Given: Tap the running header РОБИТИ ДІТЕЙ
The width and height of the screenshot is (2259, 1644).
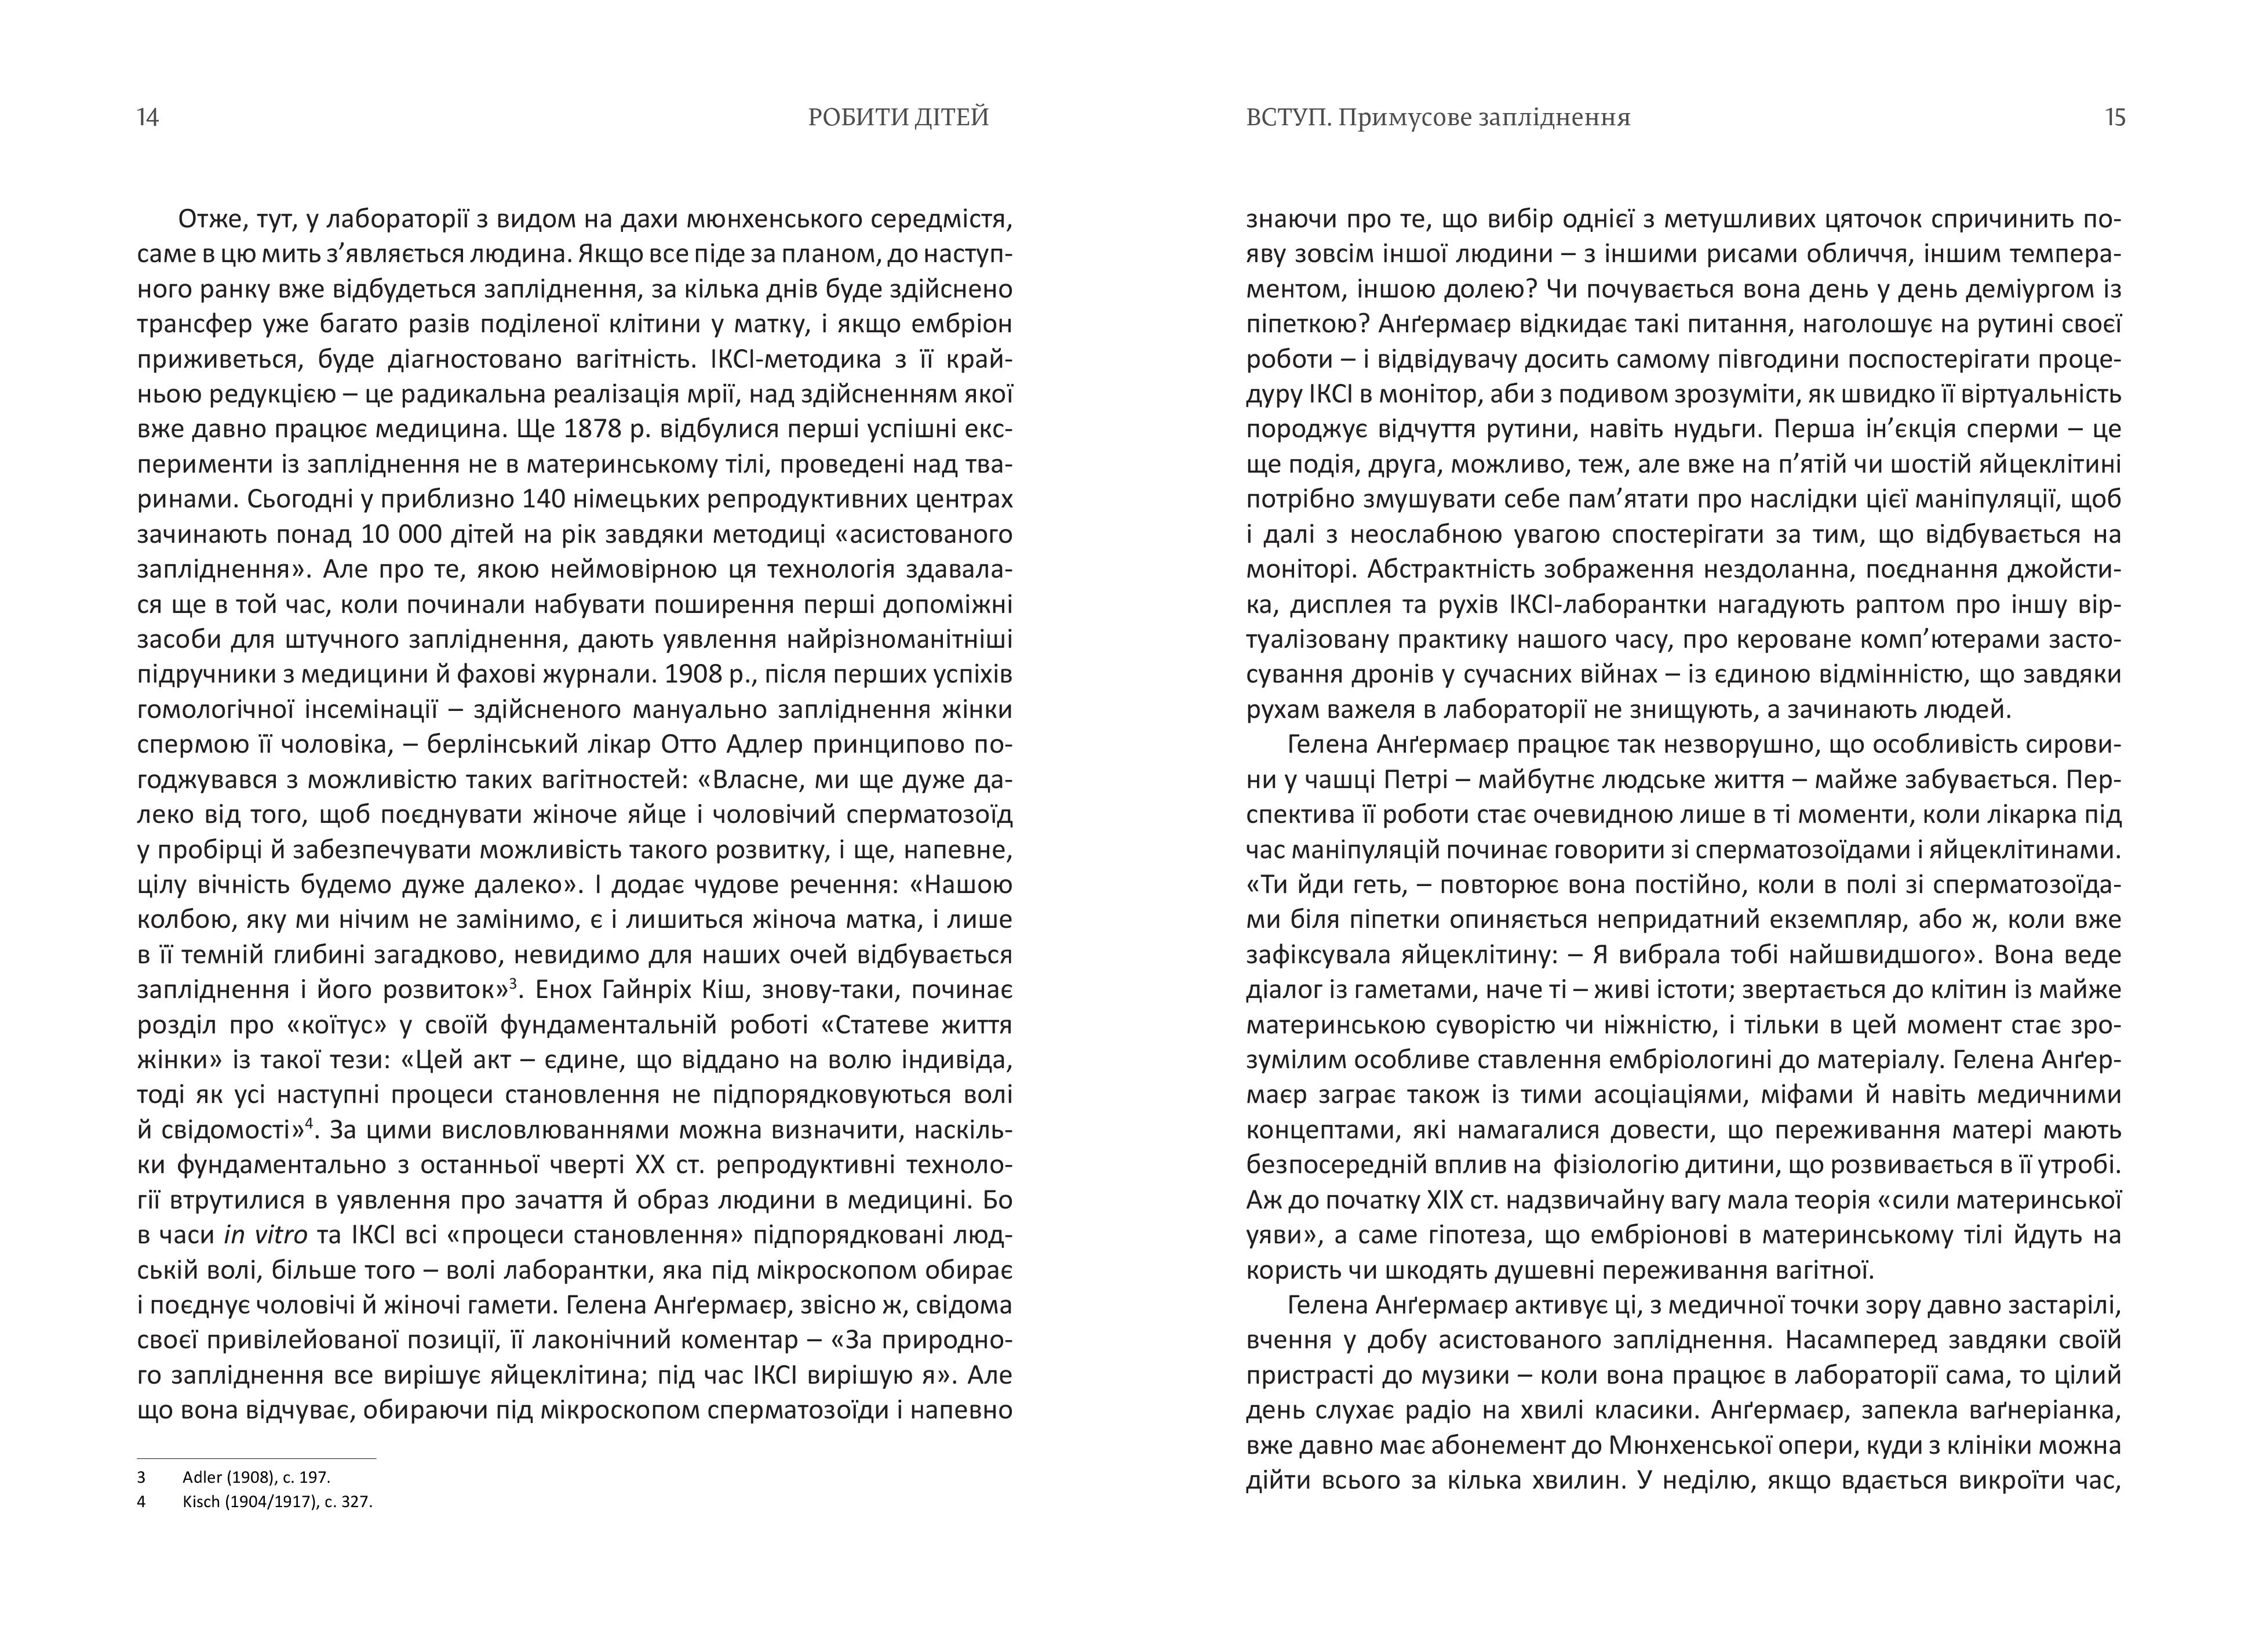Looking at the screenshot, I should (898, 118).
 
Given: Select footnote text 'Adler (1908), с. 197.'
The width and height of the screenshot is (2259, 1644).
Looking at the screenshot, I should (256, 1478).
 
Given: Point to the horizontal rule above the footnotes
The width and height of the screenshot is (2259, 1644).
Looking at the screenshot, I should (256, 1458).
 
